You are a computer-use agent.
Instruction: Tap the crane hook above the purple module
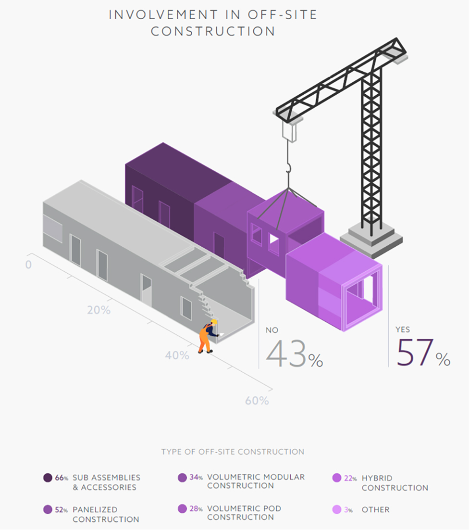[x=288, y=168]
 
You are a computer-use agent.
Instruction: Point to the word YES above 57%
[x=403, y=329]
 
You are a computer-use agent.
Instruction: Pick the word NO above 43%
[x=272, y=330]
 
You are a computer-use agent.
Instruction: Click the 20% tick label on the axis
[x=99, y=310]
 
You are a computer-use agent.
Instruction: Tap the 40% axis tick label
[x=177, y=355]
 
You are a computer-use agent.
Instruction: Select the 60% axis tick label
[x=257, y=401]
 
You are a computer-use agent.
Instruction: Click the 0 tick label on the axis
[x=28, y=265]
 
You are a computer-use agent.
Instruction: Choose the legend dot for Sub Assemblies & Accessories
[x=48, y=478]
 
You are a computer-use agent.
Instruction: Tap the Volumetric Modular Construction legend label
[x=256, y=481]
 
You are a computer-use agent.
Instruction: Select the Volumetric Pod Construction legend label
[x=244, y=513]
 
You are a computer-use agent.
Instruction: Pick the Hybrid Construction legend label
[x=395, y=483]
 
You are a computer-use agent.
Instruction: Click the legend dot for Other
[x=337, y=510]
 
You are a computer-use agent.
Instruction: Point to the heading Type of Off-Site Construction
[x=233, y=452]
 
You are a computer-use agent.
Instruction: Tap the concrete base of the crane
[x=371, y=239]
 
